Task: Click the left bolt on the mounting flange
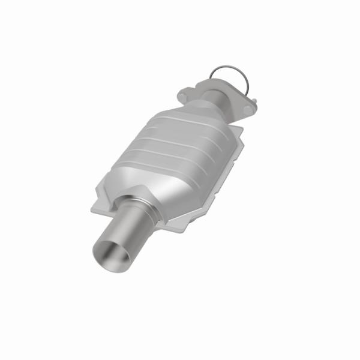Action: coord(185,94)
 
